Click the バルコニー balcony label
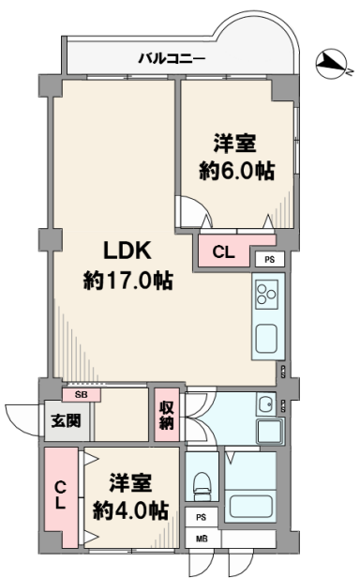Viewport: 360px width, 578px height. (x=172, y=59)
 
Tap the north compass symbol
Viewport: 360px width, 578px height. (x=331, y=64)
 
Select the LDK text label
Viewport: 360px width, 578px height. (x=127, y=251)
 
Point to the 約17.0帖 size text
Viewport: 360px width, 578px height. (x=127, y=281)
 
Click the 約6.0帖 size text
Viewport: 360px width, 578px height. (x=237, y=171)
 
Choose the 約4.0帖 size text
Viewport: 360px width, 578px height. (x=131, y=510)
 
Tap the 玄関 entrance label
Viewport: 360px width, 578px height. (x=66, y=420)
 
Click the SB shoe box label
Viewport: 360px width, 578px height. (x=81, y=394)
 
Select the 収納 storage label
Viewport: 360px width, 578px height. (x=167, y=415)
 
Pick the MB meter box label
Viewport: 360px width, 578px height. (x=202, y=539)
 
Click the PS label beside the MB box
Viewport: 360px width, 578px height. (x=201, y=518)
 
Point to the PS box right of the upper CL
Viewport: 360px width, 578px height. (x=270, y=260)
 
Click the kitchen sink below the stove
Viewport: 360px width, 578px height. (x=266, y=339)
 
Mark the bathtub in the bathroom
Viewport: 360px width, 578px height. (x=251, y=507)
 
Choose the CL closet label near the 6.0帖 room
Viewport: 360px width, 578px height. (x=223, y=252)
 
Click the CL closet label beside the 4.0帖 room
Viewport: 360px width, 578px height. (x=60, y=496)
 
